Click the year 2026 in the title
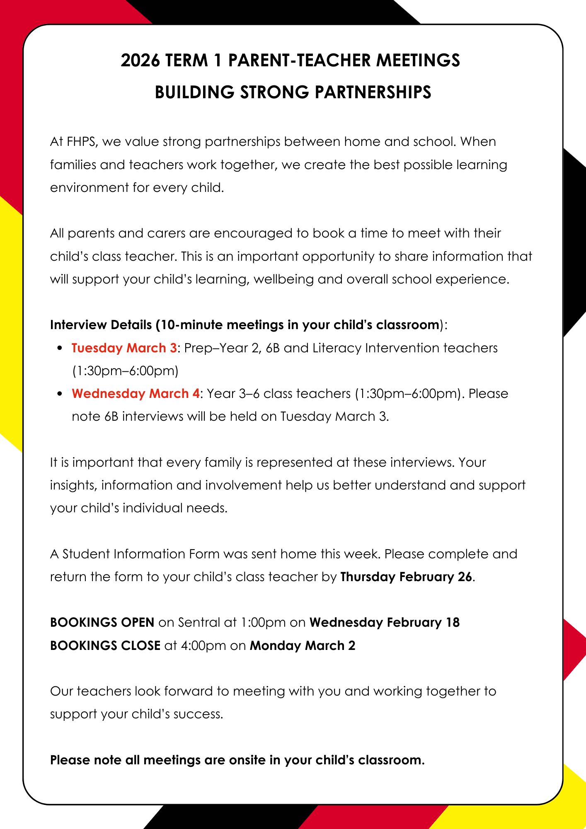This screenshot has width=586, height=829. pyautogui.click(x=140, y=61)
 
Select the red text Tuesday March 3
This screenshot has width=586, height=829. pyautogui.click(x=124, y=348)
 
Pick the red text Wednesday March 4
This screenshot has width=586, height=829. pyautogui.click(x=136, y=393)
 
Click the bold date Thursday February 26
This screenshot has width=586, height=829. pyautogui.click(x=406, y=577)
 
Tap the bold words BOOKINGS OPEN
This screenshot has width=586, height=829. pyautogui.click(x=102, y=623)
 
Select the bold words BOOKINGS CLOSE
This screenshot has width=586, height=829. pyautogui.click(x=105, y=646)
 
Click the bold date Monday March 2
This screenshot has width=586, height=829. pyautogui.click(x=303, y=646)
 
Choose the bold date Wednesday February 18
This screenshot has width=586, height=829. pyautogui.click(x=384, y=623)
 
